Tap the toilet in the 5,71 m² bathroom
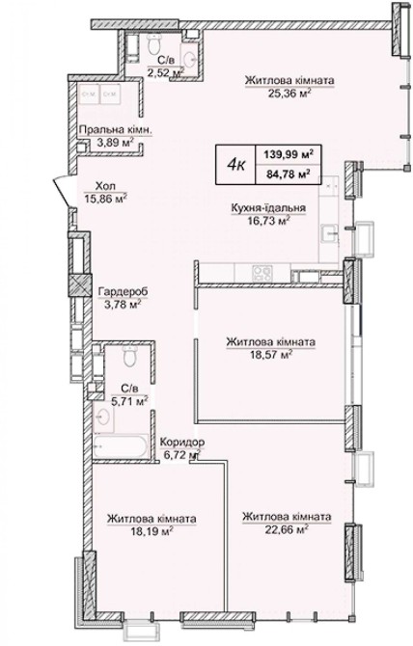click(x=130, y=356)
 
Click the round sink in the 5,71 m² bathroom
click(x=102, y=417)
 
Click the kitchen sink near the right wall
click(x=330, y=234)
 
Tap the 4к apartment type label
click(x=235, y=166)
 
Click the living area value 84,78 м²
click(x=289, y=174)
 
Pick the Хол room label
click(x=103, y=186)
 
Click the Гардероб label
click(x=123, y=292)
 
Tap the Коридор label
click(x=181, y=443)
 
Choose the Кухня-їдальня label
click(x=268, y=208)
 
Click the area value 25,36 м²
click(x=289, y=94)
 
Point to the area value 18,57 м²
click(x=271, y=354)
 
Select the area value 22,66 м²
click(x=288, y=529)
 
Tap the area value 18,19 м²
click(x=151, y=530)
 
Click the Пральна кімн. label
click(x=116, y=130)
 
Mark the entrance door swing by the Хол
click(x=64, y=191)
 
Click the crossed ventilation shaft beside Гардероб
click(x=79, y=285)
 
